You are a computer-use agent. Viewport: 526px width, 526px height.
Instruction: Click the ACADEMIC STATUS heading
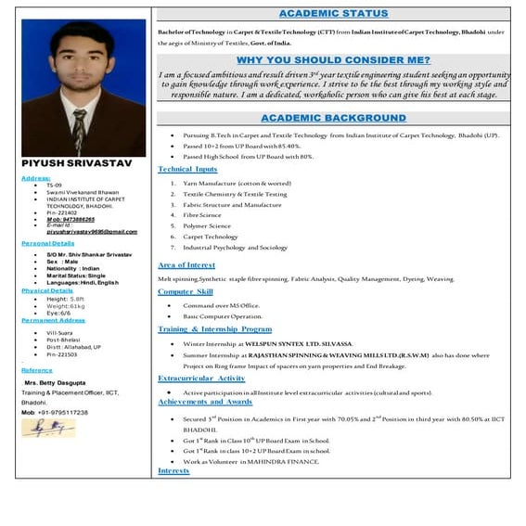[334, 15]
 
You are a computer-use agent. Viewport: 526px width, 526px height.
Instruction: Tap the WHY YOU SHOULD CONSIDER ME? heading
[333, 60]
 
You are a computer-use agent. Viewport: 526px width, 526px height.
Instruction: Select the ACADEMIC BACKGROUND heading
[333, 119]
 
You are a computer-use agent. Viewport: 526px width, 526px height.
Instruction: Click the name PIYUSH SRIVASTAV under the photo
[65, 164]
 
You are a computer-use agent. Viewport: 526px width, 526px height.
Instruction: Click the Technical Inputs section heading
[187, 169]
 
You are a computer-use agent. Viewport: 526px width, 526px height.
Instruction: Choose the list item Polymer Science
[207, 225]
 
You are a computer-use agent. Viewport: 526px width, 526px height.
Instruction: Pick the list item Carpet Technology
[211, 237]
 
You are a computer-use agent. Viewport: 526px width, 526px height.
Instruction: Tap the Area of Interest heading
[186, 265]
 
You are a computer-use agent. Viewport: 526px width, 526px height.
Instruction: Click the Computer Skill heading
[186, 291]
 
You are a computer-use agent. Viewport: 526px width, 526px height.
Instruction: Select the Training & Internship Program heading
[214, 328]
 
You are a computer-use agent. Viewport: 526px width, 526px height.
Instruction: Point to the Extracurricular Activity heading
[201, 378]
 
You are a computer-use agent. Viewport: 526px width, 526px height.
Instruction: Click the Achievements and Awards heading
[205, 402]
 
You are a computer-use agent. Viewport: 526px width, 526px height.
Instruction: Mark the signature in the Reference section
[48, 429]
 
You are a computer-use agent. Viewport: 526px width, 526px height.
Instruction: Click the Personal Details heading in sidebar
[47, 243]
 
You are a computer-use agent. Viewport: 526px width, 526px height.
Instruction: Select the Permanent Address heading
[53, 320]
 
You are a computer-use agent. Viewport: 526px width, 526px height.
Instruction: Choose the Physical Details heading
[47, 290]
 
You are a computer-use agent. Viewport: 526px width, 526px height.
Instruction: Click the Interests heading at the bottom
[173, 471]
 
